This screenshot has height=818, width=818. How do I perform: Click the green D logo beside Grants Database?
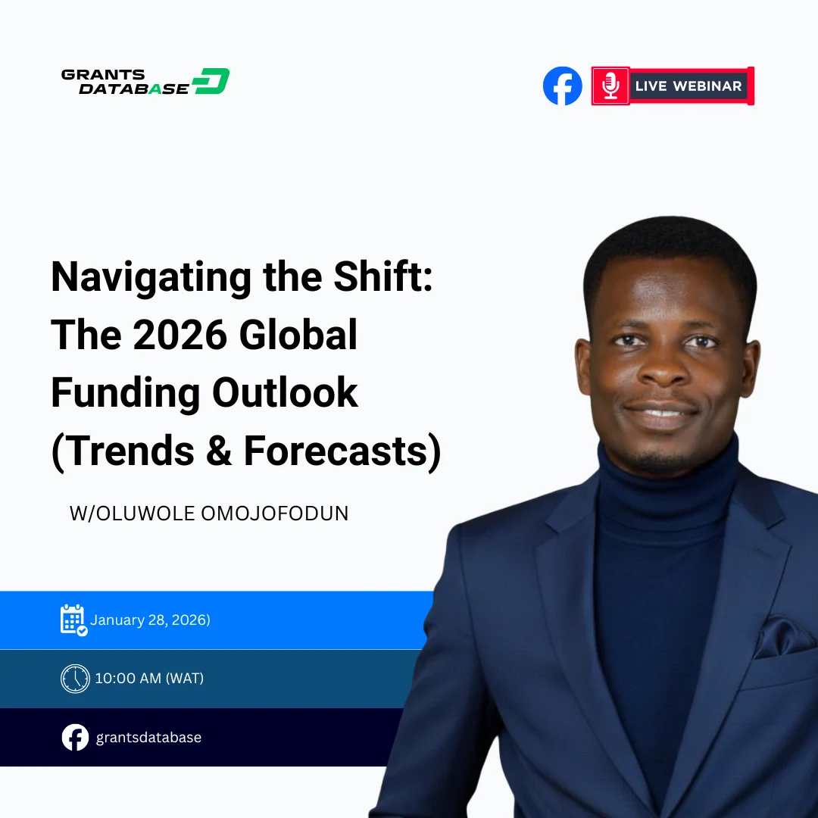(211, 81)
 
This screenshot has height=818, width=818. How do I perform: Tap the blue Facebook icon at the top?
(563, 86)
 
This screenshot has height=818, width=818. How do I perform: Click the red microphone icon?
(610, 86)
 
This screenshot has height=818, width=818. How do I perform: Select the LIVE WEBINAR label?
(688, 86)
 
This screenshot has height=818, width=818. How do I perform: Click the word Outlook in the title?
(285, 393)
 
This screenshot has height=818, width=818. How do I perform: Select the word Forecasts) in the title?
(342, 451)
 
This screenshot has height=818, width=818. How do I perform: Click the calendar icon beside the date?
(73, 620)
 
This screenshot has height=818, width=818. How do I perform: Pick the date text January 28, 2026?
(150, 620)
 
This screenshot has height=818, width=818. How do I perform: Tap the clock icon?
(75, 678)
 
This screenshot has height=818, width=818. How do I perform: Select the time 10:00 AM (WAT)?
(149, 678)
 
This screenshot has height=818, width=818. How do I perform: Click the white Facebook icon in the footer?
(75, 737)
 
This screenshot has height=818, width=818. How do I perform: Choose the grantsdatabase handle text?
(148, 737)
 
